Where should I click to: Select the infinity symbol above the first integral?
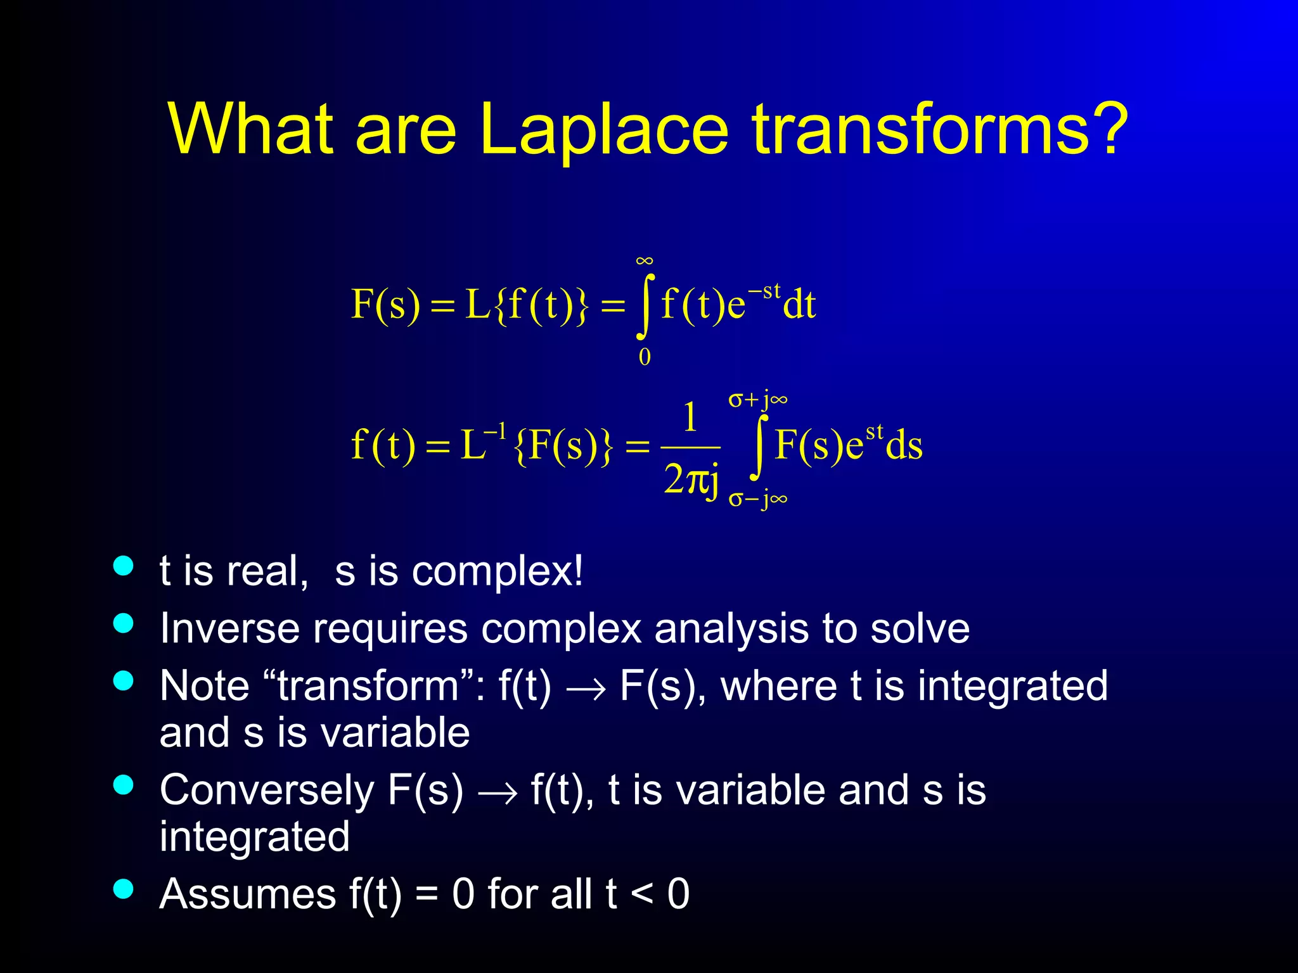click(645, 261)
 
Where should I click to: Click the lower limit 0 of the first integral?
click(645, 357)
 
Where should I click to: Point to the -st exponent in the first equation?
click(764, 291)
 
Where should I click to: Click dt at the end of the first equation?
click(799, 305)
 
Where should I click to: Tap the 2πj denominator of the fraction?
click(691, 480)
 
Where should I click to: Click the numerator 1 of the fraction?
click(690, 418)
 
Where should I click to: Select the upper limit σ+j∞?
click(758, 400)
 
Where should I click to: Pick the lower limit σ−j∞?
click(758, 499)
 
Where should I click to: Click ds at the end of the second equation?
click(904, 445)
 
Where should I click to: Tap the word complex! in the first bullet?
click(497, 572)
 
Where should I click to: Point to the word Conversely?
click(267, 790)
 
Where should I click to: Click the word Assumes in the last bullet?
click(248, 894)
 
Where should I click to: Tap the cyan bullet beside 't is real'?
click(124, 566)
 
